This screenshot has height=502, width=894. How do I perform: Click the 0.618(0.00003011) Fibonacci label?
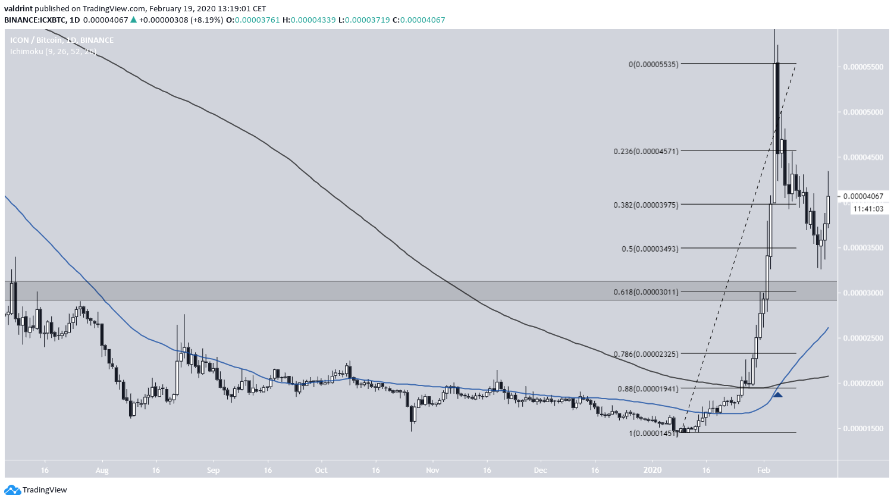tap(646, 292)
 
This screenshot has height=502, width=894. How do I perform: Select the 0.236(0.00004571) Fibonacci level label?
tap(646, 152)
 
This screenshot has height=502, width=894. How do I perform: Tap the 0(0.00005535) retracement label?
tap(653, 64)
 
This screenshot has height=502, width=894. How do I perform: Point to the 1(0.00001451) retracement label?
tap(653, 433)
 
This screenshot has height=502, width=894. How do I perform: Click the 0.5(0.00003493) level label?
tap(650, 249)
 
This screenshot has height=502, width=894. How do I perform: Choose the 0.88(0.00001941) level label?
tap(648, 389)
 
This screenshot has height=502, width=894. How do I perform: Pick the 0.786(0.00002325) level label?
tap(646, 354)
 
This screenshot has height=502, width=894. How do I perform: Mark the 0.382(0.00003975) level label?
tap(646, 205)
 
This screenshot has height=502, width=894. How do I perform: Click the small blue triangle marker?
tap(777, 394)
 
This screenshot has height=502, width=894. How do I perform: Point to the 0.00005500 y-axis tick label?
tap(864, 67)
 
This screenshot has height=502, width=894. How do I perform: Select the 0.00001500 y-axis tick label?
tap(864, 429)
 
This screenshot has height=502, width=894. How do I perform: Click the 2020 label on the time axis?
tap(653, 470)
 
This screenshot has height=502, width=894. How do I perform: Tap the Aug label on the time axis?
tap(102, 470)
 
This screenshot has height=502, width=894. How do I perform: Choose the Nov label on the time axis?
tap(432, 470)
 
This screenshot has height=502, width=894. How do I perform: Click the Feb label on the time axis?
tap(764, 470)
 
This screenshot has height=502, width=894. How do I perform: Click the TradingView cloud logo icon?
tap(12, 490)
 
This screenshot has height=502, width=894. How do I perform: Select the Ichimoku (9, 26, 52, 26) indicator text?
tap(53, 52)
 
